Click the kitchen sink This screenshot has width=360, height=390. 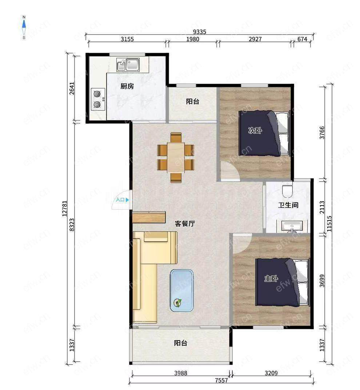click(x=128, y=64)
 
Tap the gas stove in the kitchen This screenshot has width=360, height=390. click(x=98, y=99)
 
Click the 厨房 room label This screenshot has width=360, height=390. click(x=127, y=86)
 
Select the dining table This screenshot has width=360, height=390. click(x=176, y=158)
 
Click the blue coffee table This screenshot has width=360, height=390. click(x=182, y=290)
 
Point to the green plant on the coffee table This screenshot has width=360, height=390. click(x=178, y=303)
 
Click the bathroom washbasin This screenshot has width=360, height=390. click(x=292, y=226)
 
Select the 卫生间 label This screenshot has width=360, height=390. click(x=288, y=205)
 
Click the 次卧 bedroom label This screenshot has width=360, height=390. click(x=255, y=130)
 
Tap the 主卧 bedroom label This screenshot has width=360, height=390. click(x=271, y=278)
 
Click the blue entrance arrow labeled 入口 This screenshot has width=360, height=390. click(x=127, y=200)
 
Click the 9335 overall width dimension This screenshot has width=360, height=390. click(x=200, y=32)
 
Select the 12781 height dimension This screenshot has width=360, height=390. click(x=65, y=208)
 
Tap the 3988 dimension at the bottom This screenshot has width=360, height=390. click(x=180, y=373)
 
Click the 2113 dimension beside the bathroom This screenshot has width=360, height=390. click(x=322, y=207)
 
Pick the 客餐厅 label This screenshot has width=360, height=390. click(x=185, y=224)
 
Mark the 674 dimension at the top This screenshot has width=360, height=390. click(x=302, y=39)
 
